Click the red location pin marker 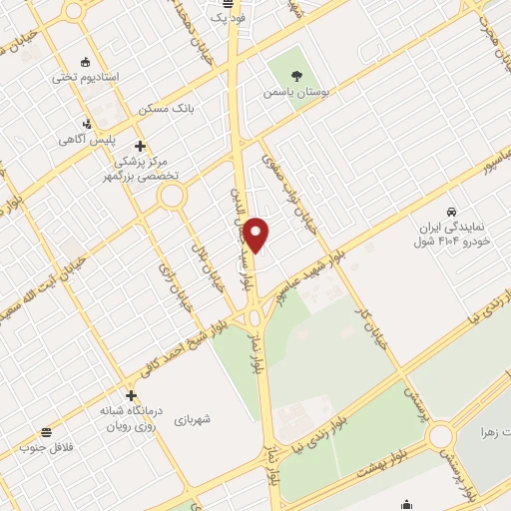point(256,235)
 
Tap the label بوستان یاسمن point(296,91)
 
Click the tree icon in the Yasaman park point(296,74)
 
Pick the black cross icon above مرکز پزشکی point(141,145)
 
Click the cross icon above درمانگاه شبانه point(130,395)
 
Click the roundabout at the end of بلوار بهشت point(440,436)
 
